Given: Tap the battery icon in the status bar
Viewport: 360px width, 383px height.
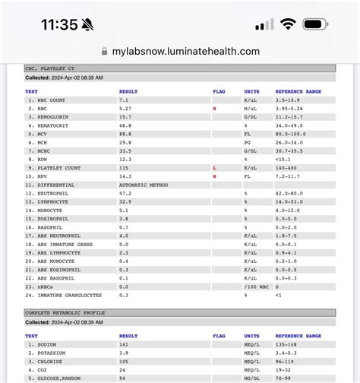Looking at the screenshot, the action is coord(314,24).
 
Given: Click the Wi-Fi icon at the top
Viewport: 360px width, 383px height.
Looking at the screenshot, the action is coord(287,24).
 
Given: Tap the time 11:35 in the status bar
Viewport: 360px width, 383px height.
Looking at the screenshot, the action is coord(58,24).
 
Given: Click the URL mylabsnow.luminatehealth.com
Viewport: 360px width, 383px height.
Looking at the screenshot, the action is coord(186,52).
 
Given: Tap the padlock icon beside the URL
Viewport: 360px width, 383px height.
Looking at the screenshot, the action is coord(104,52).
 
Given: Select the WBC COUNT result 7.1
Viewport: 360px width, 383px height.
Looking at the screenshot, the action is coord(124,100).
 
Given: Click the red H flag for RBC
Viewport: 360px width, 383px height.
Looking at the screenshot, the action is coord(215,109).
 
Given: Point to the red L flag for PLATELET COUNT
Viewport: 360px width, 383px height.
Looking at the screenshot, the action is coord(215,167).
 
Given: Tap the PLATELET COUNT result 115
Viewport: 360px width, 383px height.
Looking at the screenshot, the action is coord(125,167).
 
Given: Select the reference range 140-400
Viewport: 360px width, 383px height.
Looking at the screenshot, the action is coord(286,167).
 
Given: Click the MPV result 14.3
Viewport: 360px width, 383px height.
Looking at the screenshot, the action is coord(125,176).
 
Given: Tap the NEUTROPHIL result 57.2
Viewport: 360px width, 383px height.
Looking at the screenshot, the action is coord(125,193).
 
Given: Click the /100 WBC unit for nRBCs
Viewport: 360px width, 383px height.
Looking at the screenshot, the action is coord(256,286).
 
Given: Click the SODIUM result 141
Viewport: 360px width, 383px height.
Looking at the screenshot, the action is coord(125,343).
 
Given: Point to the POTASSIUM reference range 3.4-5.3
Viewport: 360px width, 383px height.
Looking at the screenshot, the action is coord(286,353).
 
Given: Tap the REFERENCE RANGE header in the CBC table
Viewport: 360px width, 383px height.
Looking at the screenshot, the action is coord(298,91).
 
